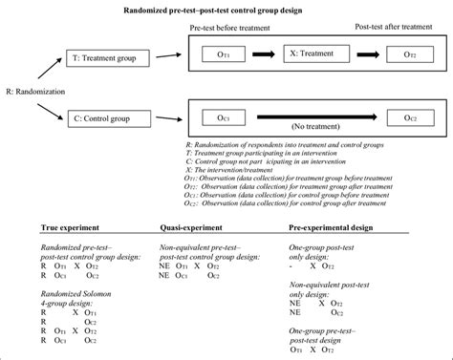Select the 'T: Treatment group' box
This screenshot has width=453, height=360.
click(107, 58)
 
